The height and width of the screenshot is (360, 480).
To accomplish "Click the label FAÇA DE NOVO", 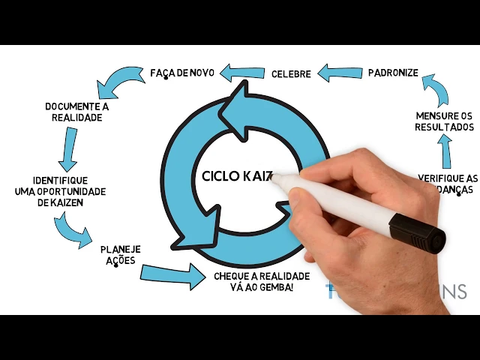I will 182,73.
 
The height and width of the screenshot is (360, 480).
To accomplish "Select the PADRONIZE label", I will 392,73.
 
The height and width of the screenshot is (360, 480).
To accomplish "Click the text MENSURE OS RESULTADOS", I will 445,121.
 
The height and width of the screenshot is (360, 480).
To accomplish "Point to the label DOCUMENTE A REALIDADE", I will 77,112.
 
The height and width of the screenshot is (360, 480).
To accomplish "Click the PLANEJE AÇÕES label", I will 121,254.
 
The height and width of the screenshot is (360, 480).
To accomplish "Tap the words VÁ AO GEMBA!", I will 262,287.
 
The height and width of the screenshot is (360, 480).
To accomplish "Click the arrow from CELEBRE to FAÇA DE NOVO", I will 241,73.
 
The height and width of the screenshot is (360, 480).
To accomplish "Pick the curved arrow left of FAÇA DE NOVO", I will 121,80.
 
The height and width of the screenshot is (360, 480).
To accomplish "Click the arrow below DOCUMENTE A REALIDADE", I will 69,148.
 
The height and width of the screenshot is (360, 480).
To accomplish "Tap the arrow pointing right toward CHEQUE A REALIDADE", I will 173,275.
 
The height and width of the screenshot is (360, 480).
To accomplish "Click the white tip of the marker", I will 277,180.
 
